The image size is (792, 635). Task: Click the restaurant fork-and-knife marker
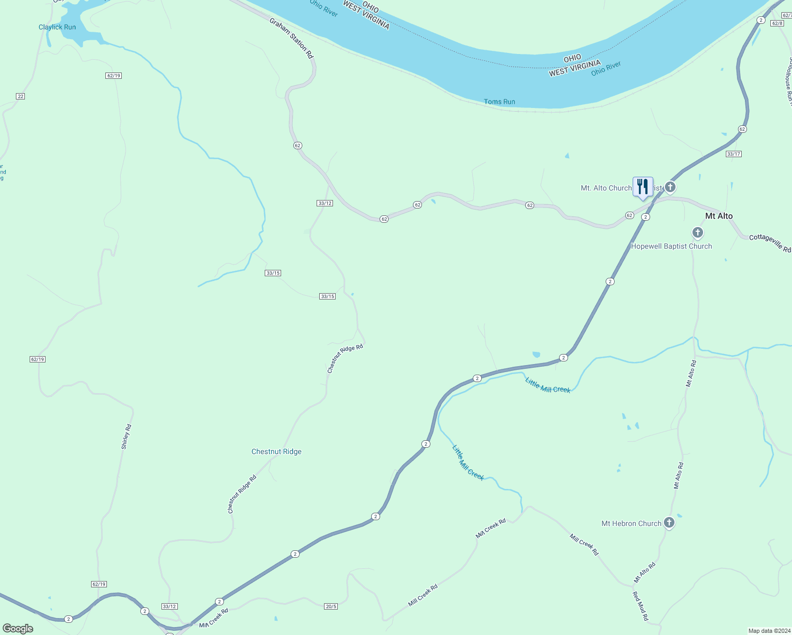pyautogui.click(x=643, y=187)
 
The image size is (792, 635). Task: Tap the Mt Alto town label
pyautogui.click(x=719, y=216)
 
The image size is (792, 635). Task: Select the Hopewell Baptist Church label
pyautogui.click(x=671, y=246)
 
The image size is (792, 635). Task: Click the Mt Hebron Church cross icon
pyautogui.click(x=669, y=523)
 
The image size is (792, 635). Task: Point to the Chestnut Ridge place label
pyautogui.click(x=276, y=451)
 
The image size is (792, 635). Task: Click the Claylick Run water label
pyautogui.click(x=57, y=27)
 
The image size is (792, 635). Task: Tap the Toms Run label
pyautogui.click(x=499, y=102)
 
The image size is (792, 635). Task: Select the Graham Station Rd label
pyautogui.click(x=291, y=38)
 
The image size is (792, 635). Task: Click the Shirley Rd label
pyautogui.click(x=126, y=437)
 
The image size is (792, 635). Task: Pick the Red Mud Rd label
pyautogui.click(x=641, y=606)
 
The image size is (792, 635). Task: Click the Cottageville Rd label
pyautogui.click(x=770, y=243)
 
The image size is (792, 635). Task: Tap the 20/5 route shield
pyautogui.click(x=331, y=606)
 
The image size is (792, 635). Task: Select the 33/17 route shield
pyautogui.click(x=734, y=154)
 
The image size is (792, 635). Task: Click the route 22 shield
pyautogui.click(x=21, y=96)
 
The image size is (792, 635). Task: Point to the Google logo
pyautogui.click(x=18, y=629)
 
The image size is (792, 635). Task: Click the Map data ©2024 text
pyautogui.click(x=769, y=631)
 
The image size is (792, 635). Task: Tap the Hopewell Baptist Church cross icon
pyautogui.click(x=698, y=232)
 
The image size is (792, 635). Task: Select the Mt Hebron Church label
pyautogui.click(x=631, y=523)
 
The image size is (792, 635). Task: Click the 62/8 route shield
pyautogui.click(x=777, y=23)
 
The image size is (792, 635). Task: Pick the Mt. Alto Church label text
pyautogui.click(x=606, y=188)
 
